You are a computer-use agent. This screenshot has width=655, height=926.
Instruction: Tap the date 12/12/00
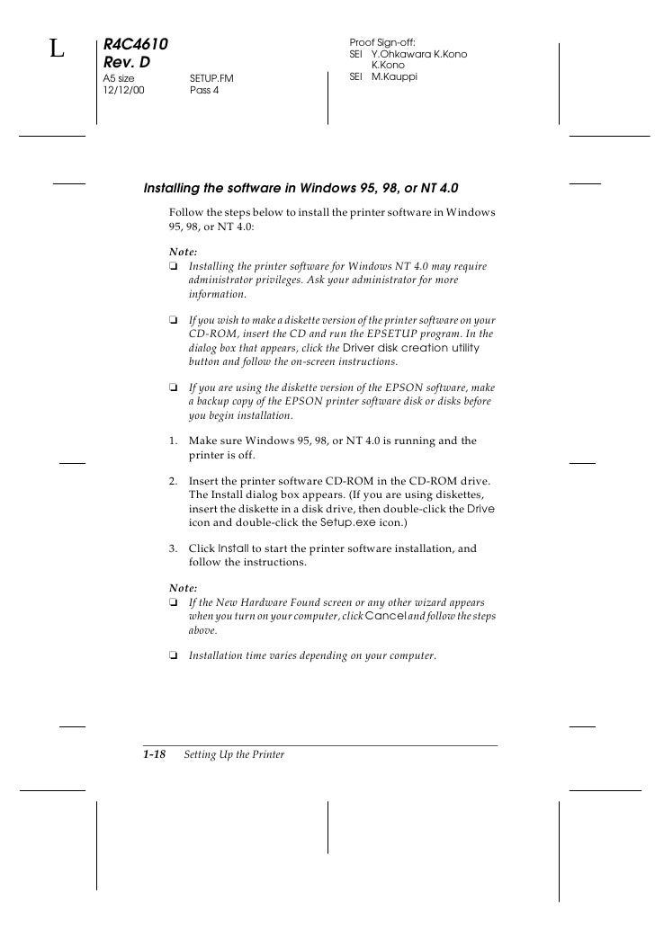tap(123, 91)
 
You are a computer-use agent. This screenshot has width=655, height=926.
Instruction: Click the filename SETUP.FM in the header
tap(211, 79)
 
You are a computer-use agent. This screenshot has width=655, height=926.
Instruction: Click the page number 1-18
tap(154, 754)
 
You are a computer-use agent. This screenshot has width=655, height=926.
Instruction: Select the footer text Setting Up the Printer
tap(234, 754)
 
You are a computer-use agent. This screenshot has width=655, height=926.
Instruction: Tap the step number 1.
tap(172, 441)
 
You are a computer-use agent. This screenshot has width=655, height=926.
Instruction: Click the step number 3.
tap(172, 548)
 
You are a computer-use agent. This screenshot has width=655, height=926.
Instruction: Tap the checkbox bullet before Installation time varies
tap(173, 655)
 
